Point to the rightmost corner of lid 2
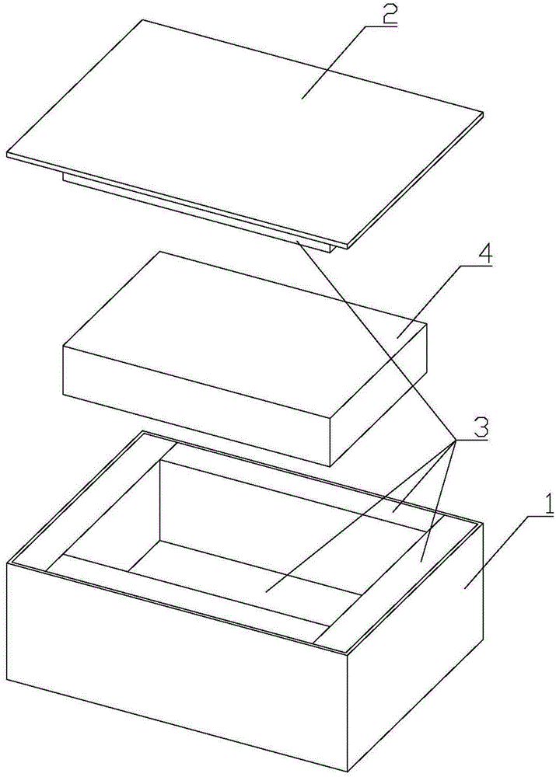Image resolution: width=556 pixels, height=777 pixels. coord(482,112)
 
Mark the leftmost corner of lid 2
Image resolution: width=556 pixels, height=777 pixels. coord(7,153)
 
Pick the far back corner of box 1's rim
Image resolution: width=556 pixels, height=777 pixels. coord(144,430)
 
